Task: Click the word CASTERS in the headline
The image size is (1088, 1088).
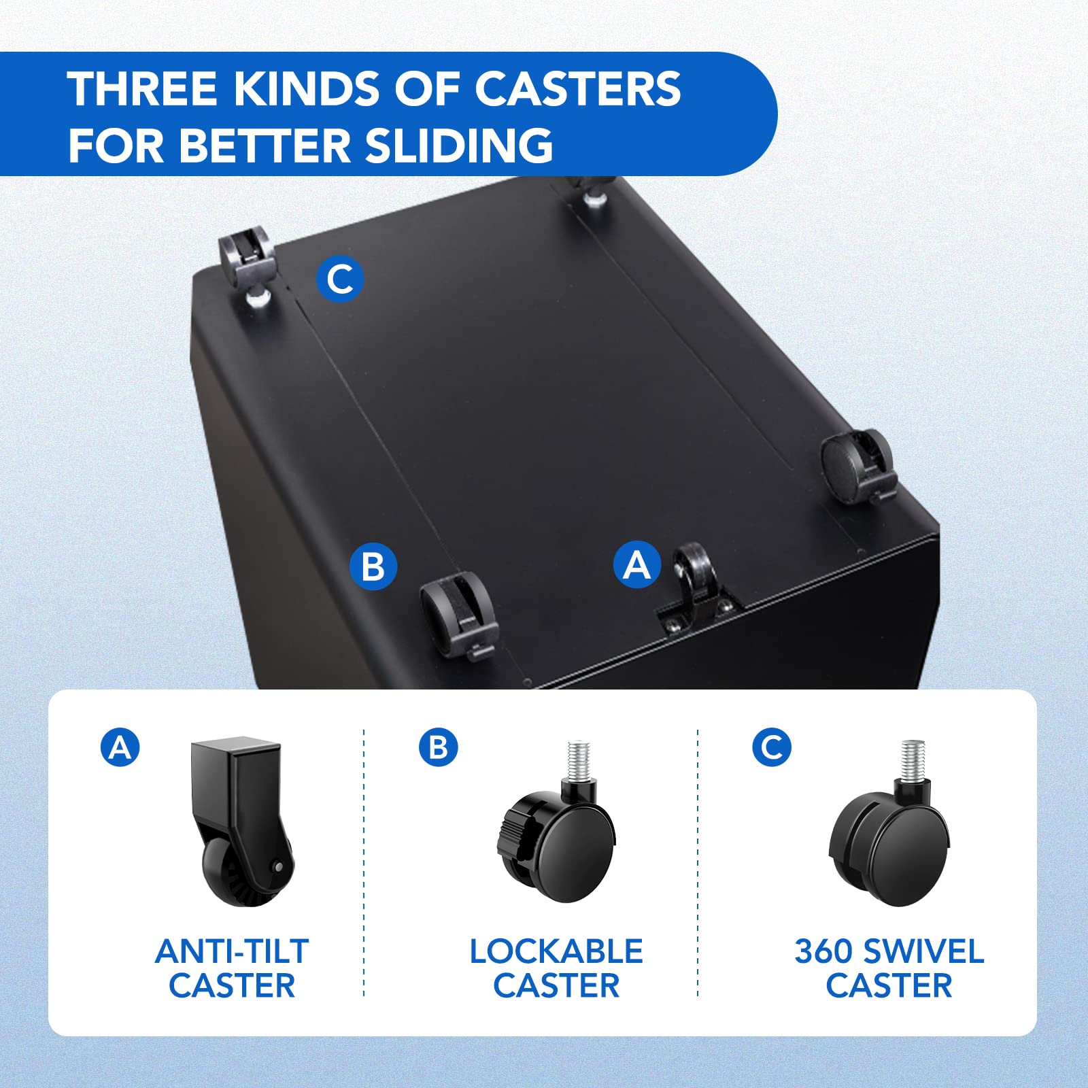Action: [x=577, y=88]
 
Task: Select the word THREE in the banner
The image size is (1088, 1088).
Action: [x=142, y=88]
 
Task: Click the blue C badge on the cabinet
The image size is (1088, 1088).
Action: [x=340, y=279]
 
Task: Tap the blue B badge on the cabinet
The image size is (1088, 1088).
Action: [x=373, y=566]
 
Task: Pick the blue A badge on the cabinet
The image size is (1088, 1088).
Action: [x=637, y=564]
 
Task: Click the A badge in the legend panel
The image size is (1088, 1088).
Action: [x=120, y=747]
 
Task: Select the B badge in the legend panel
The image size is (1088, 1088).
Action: [x=439, y=747]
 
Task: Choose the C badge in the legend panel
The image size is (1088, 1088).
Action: [x=772, y=747]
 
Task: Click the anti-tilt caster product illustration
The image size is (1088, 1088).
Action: [x=241, y=823]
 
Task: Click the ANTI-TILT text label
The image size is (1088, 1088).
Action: [x=232, y=951]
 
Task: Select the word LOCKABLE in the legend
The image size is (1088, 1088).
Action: [x=556, y=951]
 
